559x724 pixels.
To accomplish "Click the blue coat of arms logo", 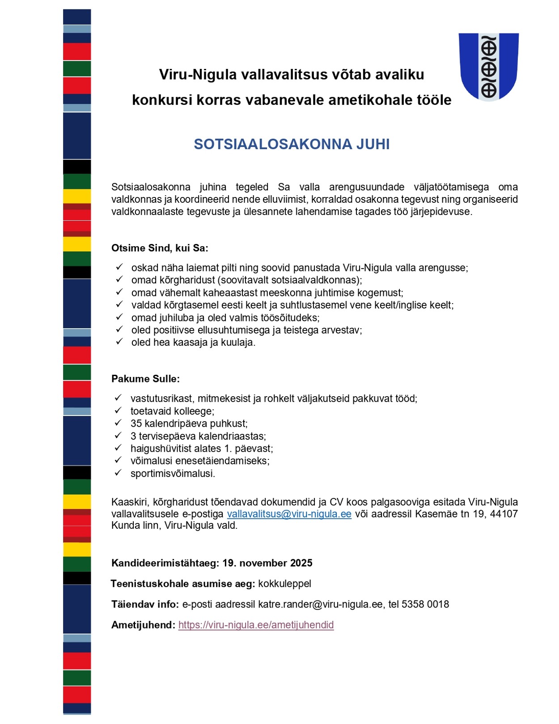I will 488,66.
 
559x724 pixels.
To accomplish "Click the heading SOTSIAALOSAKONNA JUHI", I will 292,144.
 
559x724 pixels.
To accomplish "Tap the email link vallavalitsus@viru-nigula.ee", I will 289,514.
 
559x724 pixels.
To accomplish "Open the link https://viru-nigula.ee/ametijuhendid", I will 256,625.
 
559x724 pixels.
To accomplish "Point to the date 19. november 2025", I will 267,563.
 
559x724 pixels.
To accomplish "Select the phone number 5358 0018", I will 425,604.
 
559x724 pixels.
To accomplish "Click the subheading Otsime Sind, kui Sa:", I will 160,248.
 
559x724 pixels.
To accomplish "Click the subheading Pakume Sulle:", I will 145,379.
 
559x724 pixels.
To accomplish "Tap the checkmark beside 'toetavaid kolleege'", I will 118,410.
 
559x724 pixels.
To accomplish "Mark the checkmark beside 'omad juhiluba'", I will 119,317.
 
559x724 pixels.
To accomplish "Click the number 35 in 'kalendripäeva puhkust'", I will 136,424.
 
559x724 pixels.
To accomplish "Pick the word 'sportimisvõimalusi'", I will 172,474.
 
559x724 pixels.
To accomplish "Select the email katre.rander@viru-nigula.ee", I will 321,604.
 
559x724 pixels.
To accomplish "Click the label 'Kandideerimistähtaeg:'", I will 165,563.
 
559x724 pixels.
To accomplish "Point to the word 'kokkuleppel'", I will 284,583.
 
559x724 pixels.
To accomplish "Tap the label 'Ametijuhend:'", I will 143,625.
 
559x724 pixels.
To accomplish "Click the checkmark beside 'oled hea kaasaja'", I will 119,342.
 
